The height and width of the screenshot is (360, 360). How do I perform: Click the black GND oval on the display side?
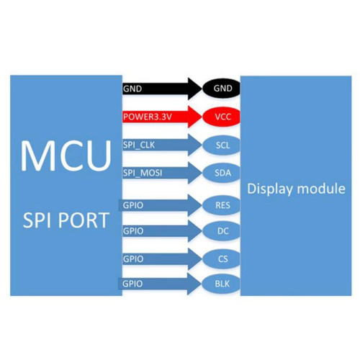(221, 89)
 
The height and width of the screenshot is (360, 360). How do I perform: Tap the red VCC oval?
(221, 117)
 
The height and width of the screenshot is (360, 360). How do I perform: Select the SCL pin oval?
(221, 145)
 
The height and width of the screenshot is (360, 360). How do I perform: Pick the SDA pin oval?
(221, 173)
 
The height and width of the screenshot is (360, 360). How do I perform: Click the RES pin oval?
(221, 205)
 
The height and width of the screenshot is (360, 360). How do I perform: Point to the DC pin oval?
(221, 231)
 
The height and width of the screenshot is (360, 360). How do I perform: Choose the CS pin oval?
(221, 259)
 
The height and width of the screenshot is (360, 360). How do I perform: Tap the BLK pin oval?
(221, 284)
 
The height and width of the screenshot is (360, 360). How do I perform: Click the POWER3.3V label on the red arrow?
(148, 117)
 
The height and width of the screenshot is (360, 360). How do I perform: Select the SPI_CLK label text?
(139, 145)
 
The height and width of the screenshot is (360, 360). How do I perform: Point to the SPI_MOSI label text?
(143, 173)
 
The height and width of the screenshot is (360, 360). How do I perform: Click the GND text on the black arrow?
(132, 89)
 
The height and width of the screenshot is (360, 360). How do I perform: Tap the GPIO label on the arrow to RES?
(133, 205)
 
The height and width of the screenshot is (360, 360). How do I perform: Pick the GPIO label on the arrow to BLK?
(132, 284)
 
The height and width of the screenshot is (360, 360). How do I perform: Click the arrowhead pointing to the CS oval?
(195, 259)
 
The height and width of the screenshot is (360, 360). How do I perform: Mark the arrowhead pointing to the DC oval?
(195, 231)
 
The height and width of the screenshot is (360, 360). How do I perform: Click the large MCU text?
(66, 156)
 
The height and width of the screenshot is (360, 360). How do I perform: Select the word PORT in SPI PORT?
(84, 220)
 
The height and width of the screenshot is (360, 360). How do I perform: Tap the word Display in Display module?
(270, 189)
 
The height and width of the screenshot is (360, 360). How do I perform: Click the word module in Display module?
(321, 189)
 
